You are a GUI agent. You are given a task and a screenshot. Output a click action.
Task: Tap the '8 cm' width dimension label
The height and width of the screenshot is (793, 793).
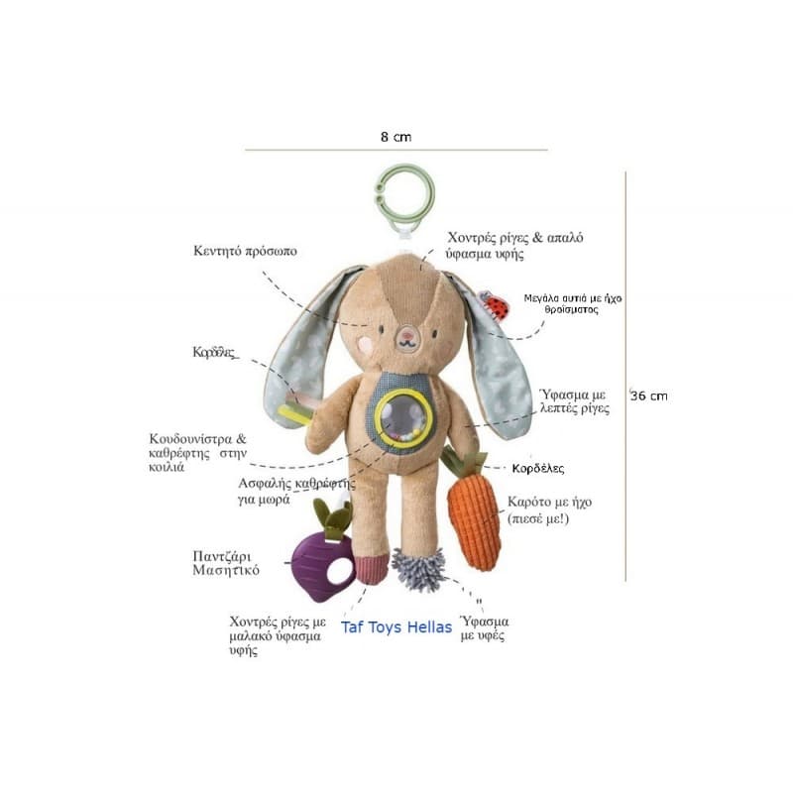tap(396, 136)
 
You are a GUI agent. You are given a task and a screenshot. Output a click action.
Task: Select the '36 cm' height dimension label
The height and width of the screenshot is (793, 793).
tap(649, 396)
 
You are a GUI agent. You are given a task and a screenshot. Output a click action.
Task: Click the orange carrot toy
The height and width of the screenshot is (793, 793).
tap(474, 522)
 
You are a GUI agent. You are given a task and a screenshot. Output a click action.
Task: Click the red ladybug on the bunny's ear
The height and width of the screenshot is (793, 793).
tap(496, 306)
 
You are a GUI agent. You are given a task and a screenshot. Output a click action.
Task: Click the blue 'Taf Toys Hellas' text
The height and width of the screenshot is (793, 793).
tap(396, 627)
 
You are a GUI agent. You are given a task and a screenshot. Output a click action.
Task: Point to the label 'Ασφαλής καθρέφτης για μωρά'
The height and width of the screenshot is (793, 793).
tap(295, 491)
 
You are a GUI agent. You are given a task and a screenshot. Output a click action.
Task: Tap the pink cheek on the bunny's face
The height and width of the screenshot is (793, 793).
tap(366, 343)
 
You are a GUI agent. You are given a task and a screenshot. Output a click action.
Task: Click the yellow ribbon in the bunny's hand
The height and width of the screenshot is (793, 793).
tap(293, 411)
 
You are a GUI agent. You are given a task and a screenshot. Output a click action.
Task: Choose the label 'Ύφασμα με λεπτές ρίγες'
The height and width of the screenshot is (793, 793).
tap(574, 400)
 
